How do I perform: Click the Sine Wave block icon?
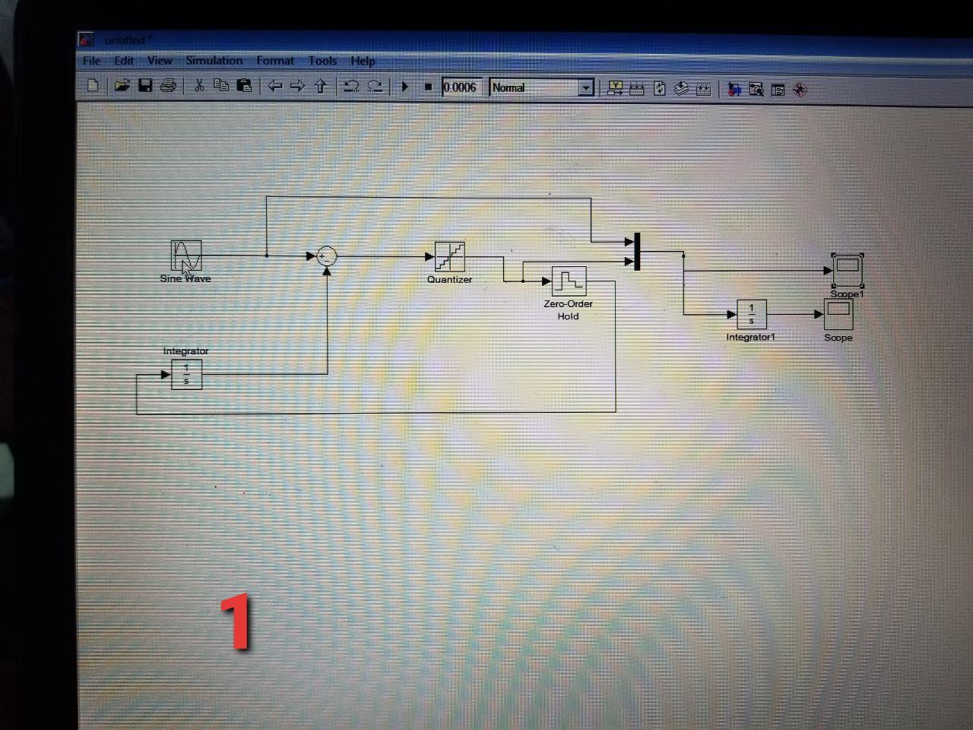point(186,255)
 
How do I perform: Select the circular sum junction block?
point(327,256)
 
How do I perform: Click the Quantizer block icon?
point(449,257)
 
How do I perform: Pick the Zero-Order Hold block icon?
point(569,281)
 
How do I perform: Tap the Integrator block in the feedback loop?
point(186,374)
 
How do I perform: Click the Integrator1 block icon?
point(752,314)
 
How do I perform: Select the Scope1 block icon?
point(847,270)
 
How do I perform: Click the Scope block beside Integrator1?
point(838,313)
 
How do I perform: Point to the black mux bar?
point(637,252)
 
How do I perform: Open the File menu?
point(92,61)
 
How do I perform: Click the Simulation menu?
point(214,61)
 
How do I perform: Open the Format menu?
point(274,61)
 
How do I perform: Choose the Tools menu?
point(322,61)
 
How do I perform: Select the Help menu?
point(363,61)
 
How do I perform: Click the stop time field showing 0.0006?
point(461,87)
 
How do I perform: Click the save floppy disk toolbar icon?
point(145,86)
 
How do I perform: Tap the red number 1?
point(237,622)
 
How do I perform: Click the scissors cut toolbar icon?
point(199,86)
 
